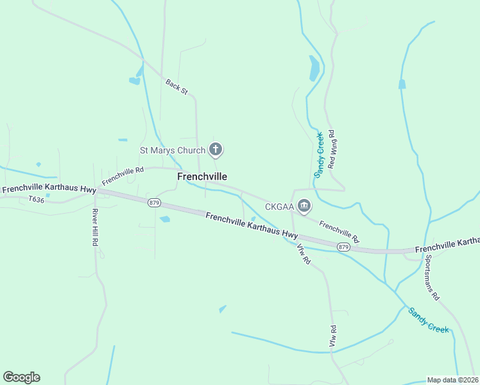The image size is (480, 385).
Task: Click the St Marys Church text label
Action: (173, 151)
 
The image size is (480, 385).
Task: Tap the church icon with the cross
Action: (216, 151)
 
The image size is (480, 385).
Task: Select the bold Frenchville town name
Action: (201, 176)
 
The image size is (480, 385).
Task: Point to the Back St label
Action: (176, 87)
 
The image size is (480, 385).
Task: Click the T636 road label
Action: (37, 200)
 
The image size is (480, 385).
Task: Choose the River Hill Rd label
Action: (94, 228)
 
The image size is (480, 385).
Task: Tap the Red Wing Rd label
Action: (332, 150)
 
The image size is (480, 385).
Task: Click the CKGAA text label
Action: (280, 207)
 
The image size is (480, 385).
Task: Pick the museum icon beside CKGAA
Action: (305, 207)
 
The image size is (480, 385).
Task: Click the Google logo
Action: (21, 377)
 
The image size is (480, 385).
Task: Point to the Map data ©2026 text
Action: (452, 380)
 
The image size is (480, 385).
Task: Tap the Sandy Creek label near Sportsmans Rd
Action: (428, 320)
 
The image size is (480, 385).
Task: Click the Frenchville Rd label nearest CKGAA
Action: (339, 228)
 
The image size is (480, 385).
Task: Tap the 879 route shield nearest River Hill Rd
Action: (153, 203)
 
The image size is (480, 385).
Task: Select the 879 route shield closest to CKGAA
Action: (343, 247)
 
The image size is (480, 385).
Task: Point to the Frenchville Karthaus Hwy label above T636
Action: (49, 190)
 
